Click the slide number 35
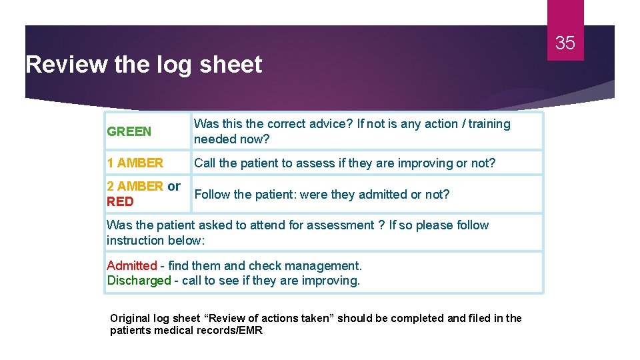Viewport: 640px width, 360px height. point(565,43)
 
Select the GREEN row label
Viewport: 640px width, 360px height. point(129,131)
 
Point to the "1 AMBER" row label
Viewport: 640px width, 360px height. point(135,163)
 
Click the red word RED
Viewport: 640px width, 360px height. point(120,201)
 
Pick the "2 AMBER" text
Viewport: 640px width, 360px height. point(135,186)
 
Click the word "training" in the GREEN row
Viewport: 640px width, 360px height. point(489,124)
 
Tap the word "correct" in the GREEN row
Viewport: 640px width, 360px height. point(289,124)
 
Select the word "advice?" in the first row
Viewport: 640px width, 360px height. point(333,124)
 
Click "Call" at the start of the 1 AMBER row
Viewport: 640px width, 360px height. point(205,163)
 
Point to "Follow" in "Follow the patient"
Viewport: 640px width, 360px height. point(212,194)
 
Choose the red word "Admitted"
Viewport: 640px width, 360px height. point(131,265)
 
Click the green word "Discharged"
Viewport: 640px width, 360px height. point(139,281)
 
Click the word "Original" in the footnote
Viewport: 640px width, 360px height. point(132,318)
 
